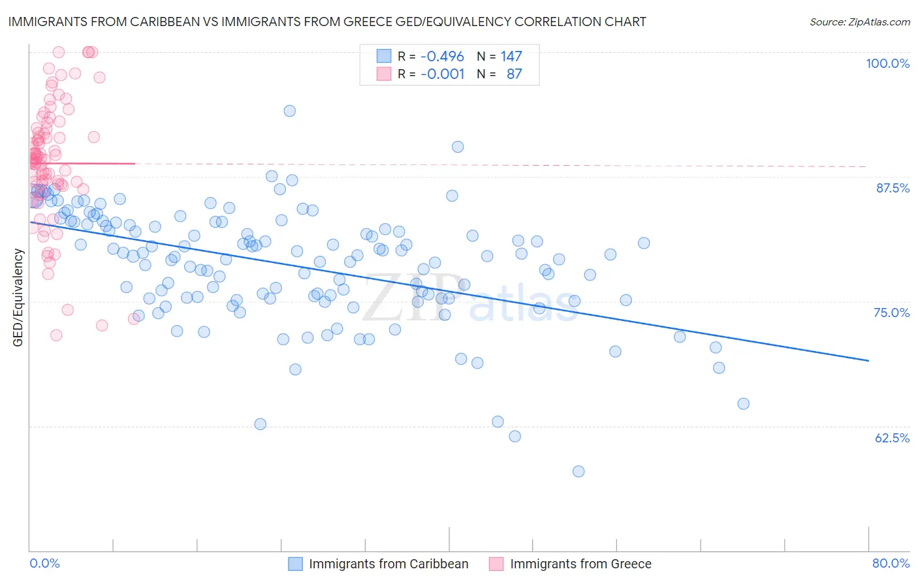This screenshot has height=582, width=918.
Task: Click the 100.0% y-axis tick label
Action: click(887, 63)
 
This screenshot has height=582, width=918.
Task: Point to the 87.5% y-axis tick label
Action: click(892, 188)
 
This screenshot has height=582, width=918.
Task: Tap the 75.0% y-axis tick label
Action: click(891, 313)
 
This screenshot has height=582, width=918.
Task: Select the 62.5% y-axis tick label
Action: click(892, 438)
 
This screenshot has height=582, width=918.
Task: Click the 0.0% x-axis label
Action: click(44, 563)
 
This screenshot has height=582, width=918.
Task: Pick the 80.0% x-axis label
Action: click(891, 563)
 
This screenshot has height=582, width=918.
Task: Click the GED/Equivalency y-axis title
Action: click(18, 298)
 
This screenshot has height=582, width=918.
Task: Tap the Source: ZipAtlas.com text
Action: click(859, 22)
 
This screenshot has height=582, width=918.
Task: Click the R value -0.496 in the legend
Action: click(442, 57)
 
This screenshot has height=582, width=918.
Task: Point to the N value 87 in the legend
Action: click(514, 74)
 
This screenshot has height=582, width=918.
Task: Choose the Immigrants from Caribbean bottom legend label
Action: click(388, 564)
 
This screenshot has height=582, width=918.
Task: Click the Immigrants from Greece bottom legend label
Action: click(580, 564)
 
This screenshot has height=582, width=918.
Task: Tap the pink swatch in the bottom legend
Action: click(496, 564)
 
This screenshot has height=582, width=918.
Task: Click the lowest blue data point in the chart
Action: click(578, 471)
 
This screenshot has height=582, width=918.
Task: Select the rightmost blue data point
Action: click(743, 404)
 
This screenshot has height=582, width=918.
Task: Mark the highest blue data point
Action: click(290, 111)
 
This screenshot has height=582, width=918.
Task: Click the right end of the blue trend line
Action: click(868, 360)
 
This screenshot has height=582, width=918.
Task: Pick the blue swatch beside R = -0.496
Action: click(384, 57)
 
